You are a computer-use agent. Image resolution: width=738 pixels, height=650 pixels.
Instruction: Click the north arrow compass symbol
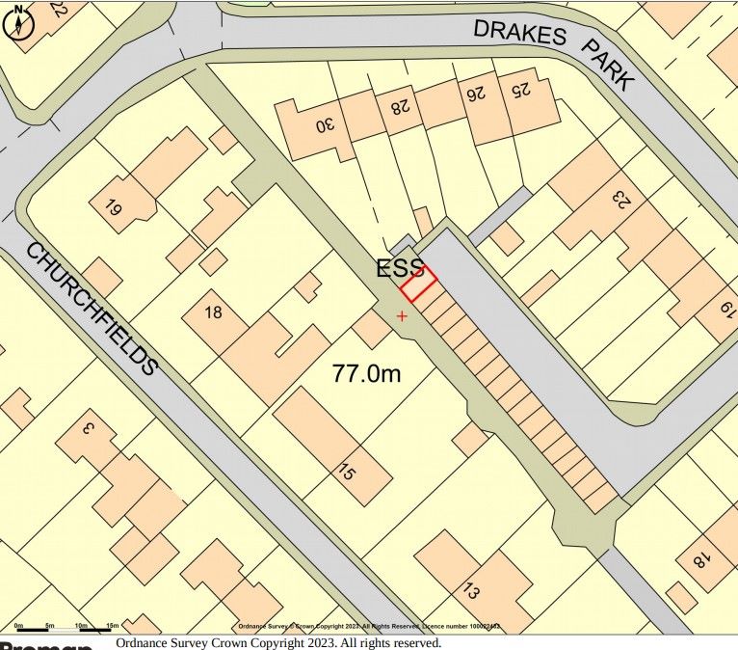click(x=18, y=21)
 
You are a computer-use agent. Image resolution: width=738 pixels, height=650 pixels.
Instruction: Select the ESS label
click(x=399, y=269)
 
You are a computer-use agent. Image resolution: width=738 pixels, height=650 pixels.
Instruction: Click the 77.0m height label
click(x=366, y=373)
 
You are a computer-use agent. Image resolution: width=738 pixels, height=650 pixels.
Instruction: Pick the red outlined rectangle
click(x=418, y=284)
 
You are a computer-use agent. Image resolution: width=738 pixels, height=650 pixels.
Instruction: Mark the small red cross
click(x=402, y=315)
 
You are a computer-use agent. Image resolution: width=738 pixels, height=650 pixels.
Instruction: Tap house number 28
click(x=396, y=105)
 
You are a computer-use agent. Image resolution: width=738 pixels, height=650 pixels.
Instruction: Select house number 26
click(x=474, y=95)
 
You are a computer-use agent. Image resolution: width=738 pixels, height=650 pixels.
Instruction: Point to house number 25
click(x=520, y=91)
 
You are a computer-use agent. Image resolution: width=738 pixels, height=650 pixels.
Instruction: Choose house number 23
click(x=620, y=200)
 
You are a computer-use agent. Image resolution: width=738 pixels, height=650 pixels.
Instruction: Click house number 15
click(x=345, y=473)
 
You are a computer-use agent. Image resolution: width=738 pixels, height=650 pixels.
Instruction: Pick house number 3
click(x=86, y=428)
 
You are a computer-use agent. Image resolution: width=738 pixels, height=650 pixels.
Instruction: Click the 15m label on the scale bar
click(x=112, y=626)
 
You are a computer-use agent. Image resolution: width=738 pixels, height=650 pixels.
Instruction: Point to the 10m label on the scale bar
click(x=81, y=626)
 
